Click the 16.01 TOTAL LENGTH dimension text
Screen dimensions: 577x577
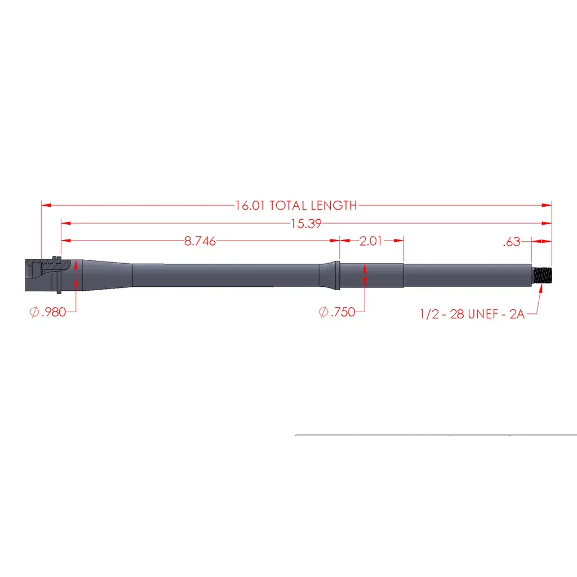(296, 205)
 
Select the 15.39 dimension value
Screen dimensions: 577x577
(306, 223)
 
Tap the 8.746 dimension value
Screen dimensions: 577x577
(200, 241)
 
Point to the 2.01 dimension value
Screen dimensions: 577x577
(371, 241)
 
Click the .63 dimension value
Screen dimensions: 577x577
(512, 242)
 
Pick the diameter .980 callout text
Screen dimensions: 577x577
(48, 312)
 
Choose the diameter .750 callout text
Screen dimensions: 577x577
(337, 312)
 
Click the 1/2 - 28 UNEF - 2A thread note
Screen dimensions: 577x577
(472, 314)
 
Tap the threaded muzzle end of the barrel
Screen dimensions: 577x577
(542, 275)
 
